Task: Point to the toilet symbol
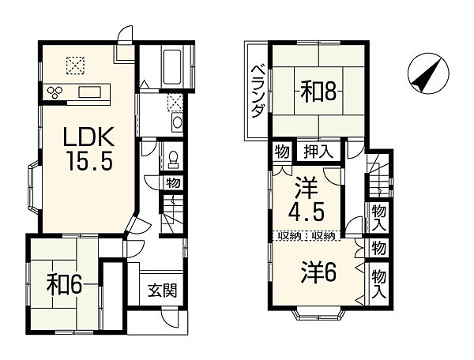pos(171,158)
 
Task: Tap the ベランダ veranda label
pos(256,92)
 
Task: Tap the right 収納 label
pos(322,235)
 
